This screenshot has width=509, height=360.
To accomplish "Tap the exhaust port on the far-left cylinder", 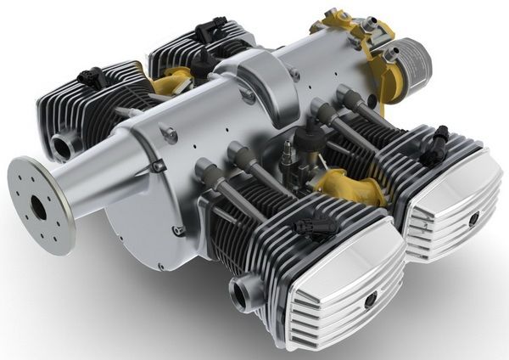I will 62,146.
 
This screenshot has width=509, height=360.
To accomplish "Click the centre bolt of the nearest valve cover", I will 370,300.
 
